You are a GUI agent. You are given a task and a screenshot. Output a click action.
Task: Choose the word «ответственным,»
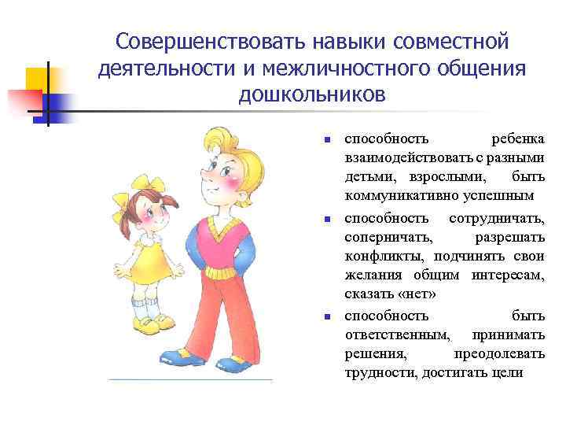point(397,334)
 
